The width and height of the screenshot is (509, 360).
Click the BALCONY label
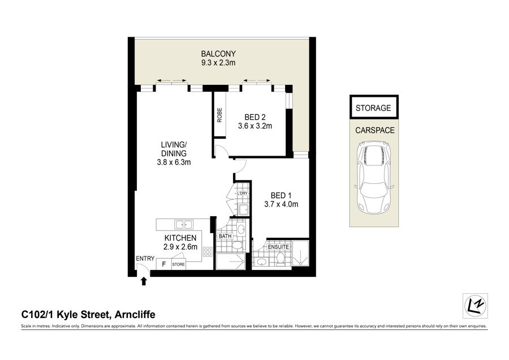coord(218,54)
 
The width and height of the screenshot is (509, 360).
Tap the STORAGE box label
coord(373,108)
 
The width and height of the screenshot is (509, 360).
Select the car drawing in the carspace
coord(374,177)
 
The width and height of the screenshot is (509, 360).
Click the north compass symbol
coord(475,306)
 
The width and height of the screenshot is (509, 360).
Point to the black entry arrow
coord(144,281)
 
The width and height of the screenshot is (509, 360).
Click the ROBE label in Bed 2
coord(220,115)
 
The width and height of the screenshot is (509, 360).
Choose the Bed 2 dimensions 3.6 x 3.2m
coord(255,126)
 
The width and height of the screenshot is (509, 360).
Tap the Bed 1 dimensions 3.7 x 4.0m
coord(281,204)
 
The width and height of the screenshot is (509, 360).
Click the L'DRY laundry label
coord(242,194)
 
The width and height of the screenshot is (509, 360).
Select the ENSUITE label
coord(278,247)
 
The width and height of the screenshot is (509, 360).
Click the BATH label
coord(225,236)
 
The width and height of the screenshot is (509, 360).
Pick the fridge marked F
coord(164,264)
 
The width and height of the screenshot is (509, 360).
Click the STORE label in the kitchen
coord(178,264)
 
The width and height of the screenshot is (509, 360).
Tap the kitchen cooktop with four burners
coord(208,251)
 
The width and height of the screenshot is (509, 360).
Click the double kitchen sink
coord(184,224)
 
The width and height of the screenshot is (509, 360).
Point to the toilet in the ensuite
coord(281,259)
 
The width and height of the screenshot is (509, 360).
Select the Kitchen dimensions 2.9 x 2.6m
coord(180,247)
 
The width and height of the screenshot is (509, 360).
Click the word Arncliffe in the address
coord(135,315)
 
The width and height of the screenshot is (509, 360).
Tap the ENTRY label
coord(145,259)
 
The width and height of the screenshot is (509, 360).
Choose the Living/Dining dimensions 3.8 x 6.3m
coord(174,162)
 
